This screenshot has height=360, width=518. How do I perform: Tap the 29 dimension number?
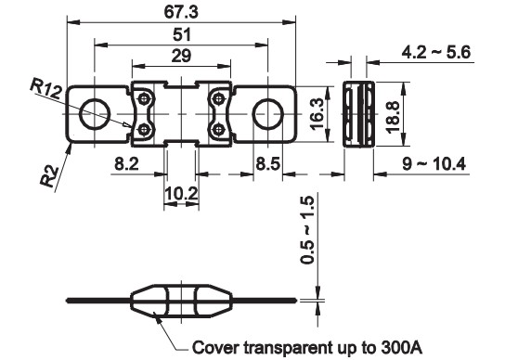tap(180, 58)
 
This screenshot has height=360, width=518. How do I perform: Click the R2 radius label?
tap(51, 174)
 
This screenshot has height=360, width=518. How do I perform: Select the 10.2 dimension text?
tap(180, 194)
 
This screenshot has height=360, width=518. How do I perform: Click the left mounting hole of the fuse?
tap(93, 113)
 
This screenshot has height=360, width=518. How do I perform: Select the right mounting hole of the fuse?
tap(267, 113)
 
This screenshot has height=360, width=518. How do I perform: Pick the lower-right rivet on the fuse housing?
tap(218, 129)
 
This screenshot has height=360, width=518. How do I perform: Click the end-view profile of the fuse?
tap(357, 112)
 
